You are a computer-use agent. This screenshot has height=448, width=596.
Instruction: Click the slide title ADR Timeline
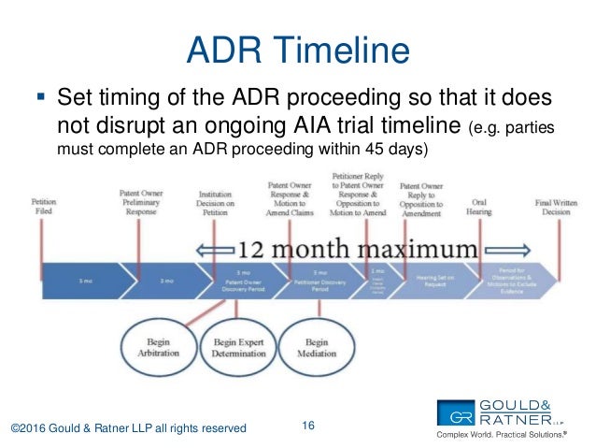click(x=297, y=48)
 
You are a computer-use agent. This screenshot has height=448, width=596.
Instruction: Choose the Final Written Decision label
click(x=556, y=206)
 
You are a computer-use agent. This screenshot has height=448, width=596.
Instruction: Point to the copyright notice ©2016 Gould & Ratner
click(x=128, y=427)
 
